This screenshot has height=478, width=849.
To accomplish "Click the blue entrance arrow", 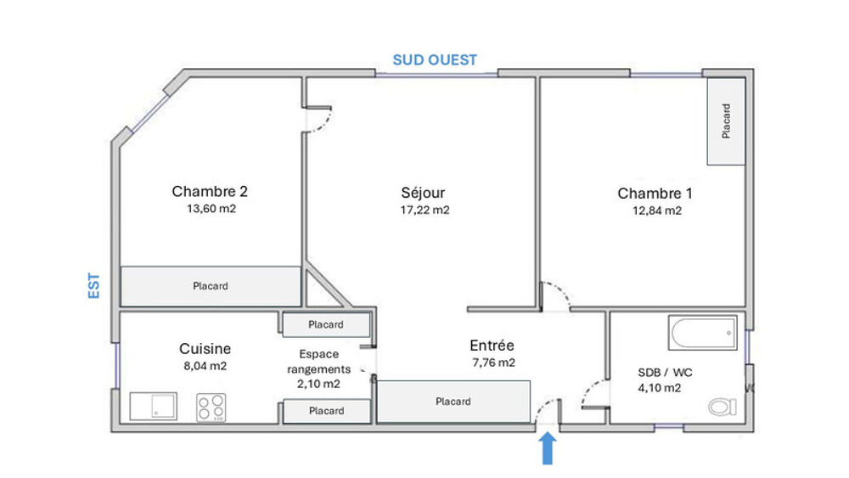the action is [x=548, y=447].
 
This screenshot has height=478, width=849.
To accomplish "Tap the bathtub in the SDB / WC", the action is [x=702, y=332].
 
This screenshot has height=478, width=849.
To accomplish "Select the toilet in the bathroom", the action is [x=722, y=407].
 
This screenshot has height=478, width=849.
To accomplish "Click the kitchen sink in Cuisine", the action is [x=153, y=406].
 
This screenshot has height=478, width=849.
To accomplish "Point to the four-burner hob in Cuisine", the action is [x=211, y=408].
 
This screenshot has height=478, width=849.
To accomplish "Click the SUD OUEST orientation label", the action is [x=435, y=60].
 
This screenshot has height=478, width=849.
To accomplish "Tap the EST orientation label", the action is [x=94, y=285].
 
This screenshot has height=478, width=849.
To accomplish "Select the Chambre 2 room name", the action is [x=210, y=191].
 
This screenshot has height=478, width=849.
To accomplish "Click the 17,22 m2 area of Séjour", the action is [x=425, y=210].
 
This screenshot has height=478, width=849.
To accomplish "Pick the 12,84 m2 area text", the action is [x=657, y=211].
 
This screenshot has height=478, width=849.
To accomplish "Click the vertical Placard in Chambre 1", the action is [x=726, y=121].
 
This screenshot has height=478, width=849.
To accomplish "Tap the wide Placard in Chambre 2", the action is [x=211, y=286].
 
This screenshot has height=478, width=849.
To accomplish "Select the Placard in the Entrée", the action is [x=453, y=402].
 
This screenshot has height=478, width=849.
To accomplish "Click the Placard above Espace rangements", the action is [x=326, y=325].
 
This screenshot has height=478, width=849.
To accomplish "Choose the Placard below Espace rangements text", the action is [x=327, y=412].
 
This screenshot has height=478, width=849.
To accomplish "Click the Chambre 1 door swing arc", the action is [x=561, y=291].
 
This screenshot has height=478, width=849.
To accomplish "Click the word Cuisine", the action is [x=205, y=349].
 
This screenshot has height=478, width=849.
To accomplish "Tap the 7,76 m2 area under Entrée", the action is [x=494, y=363].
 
